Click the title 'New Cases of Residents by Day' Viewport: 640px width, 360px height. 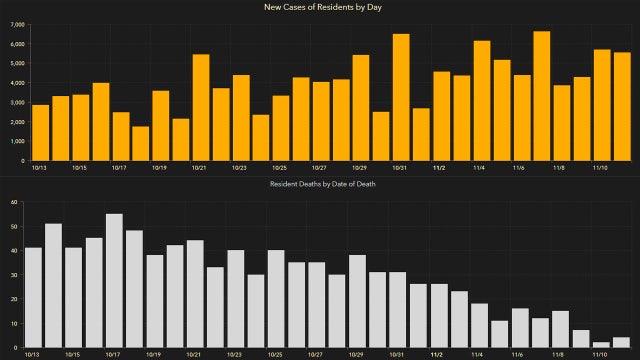[x=320, y=8]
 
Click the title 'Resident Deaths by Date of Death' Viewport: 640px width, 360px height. [x=320, y=185]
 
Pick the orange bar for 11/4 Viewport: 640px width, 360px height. [x=481, y=100]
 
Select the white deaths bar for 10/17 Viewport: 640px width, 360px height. [x=114, y=281]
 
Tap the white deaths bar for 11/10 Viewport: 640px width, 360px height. [x=601, y=345]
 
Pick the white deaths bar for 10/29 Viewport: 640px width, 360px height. [x=357, y=301]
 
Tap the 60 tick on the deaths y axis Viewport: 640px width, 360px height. [x=14, y=202]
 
